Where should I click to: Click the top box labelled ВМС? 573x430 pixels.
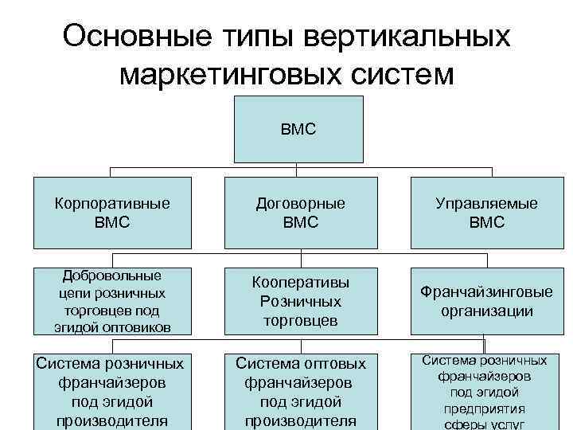click(x=298, y=128)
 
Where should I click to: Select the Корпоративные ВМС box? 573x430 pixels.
click(x=112, y=213)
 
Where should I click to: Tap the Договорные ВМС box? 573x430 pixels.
click(x=301, y=213)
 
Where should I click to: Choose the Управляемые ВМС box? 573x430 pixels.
click(x=487, y=213)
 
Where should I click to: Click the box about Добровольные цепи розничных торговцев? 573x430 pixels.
click(x=112, y=301)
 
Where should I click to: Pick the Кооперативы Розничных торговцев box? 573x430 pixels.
click(x=301, y=301)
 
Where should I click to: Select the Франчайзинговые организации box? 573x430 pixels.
click(x=487, y=301)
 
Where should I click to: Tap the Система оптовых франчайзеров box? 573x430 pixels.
click(x=301, y=391)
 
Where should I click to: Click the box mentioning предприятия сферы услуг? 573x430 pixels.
click(x=487, y=391)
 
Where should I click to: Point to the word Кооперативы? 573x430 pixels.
click(x=301, y=283)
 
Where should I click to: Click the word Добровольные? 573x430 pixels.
click(x=112, y=276)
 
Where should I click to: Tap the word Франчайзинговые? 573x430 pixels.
click(x=487, y=292)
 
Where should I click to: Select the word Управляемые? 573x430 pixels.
click(x=487, y=204)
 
